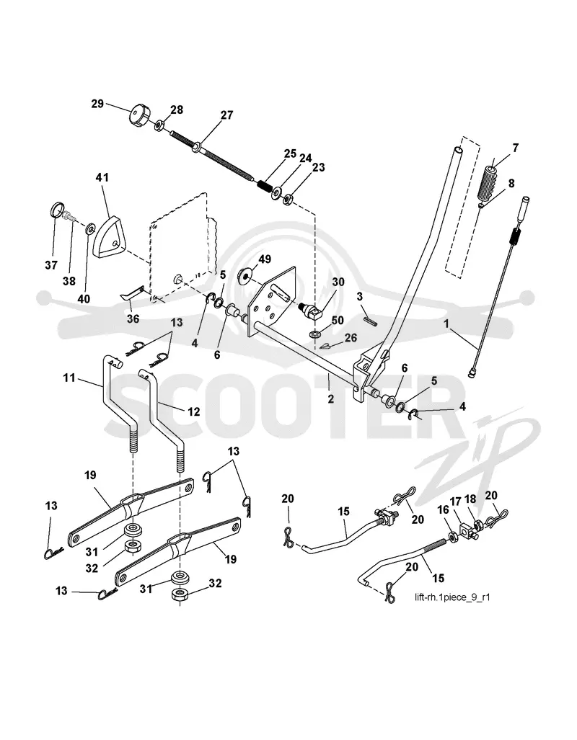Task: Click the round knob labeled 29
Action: coord(138,115)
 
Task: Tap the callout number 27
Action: coord(226,115)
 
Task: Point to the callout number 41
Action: coord(102,177)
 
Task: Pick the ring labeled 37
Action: coord(57,208)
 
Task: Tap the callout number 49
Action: coord(265,259)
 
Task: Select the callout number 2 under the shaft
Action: coord(331,398)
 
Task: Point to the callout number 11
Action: coord(69,378)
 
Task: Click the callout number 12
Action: coord(194,411)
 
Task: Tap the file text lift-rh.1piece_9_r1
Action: coord(452,597)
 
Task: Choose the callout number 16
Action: coord(443,509)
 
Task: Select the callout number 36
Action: coord(133,319)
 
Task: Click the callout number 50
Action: coord(338,321)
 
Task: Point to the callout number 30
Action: coord(338,282)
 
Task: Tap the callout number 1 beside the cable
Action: coord(446,325)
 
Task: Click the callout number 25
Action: coord(290,154)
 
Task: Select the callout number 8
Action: coord(511,184)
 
